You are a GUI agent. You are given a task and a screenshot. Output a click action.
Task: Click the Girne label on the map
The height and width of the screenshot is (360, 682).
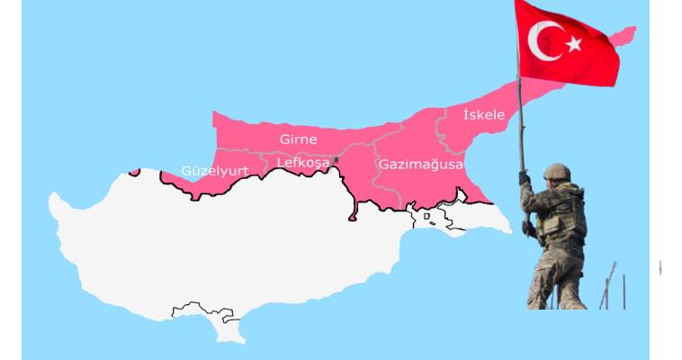(298, 139)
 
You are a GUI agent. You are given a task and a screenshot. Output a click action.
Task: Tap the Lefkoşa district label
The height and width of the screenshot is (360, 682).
(303, 163)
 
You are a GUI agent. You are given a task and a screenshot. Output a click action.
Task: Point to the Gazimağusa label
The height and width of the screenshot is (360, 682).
(420, 165)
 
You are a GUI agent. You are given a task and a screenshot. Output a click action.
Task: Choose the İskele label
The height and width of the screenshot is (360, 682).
(483, 114)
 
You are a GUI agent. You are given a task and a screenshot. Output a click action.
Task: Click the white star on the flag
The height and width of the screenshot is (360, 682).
(573, 42)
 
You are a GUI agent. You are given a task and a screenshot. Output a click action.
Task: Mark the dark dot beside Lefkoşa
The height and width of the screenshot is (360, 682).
(336, 159)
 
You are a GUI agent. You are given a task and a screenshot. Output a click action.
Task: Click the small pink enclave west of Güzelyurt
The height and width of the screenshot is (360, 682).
(134, 170)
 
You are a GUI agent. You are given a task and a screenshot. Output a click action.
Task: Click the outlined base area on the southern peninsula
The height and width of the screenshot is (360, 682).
(203, 311)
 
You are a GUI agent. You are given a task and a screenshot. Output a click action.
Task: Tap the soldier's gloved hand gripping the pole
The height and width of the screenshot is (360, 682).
(525, 178)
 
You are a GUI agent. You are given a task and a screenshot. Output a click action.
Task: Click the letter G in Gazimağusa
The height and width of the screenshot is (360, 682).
(383, 165)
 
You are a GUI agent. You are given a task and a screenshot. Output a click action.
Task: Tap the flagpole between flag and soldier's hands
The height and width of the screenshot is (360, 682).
(520, 126)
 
